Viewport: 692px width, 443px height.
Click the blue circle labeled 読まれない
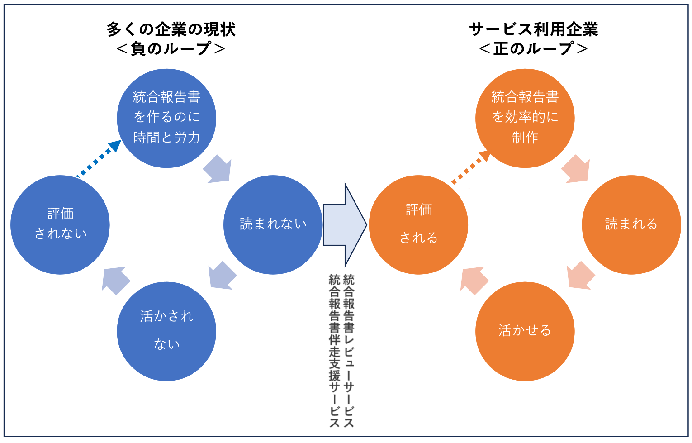point(273,224)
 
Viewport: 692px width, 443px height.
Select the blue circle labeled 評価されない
point(60,224)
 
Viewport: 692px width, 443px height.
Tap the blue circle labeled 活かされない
point(166,331)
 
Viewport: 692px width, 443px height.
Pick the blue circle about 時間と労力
point(166,118)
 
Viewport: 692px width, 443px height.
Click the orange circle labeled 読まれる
point(631,224)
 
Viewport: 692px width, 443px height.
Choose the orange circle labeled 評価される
point(418,224)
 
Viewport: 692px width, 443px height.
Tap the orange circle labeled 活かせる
point(525,331)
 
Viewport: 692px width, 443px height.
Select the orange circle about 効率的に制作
point(525,118)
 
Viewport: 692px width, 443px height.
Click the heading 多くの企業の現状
point(171,29)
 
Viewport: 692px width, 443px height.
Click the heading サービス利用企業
point(534,29)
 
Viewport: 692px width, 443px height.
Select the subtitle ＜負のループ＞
point(171,48)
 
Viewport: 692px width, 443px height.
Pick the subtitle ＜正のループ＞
point(534,48)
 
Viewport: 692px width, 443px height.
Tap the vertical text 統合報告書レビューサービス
point(349,350)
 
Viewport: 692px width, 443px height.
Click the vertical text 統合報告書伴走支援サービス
point(334,350)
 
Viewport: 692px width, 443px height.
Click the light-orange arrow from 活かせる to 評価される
point(474,280)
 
